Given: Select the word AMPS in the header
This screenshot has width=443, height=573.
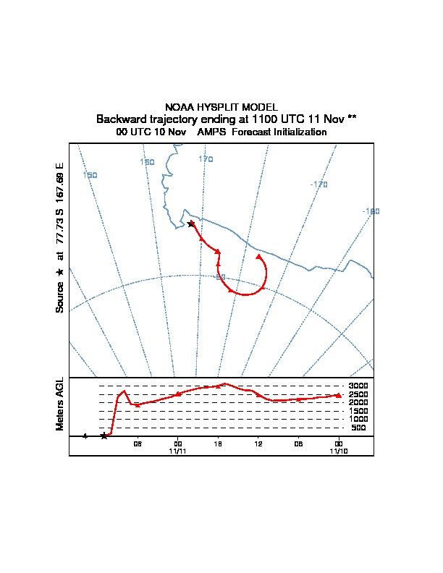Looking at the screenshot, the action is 211,132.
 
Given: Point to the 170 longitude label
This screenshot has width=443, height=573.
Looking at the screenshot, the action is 206,159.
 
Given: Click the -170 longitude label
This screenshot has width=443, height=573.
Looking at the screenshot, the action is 318,184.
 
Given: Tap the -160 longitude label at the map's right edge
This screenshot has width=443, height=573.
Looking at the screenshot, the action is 371,211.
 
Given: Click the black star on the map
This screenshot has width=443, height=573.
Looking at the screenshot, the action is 191,224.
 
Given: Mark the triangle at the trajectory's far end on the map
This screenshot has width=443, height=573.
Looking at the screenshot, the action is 259,257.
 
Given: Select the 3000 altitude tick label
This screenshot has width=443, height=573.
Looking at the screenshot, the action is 358,386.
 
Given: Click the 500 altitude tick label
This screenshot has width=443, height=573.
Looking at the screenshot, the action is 358,428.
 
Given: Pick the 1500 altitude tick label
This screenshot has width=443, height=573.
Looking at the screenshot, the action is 358,411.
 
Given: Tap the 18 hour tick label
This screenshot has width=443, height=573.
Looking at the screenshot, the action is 218,444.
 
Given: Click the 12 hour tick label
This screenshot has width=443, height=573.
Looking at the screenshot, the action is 258,444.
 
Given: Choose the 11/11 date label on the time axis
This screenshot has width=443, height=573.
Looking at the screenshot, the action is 177,451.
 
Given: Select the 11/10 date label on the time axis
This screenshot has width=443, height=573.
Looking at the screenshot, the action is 339,451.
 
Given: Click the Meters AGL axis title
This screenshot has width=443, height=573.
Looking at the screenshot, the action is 60,404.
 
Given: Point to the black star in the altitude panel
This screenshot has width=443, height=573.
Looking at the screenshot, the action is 104,436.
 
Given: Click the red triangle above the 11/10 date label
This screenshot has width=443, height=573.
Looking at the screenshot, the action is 339,395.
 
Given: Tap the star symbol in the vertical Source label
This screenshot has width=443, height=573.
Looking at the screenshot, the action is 60,272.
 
